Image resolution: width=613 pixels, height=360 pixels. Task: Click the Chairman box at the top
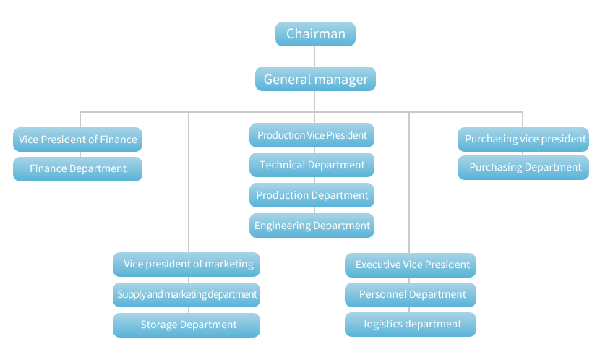315,34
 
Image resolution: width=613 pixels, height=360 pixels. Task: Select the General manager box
315,79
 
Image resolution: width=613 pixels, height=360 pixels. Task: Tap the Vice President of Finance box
77,140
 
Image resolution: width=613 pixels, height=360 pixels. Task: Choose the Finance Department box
77,168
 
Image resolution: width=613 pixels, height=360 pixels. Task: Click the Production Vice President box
312,135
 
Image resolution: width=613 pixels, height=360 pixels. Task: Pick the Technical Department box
312,165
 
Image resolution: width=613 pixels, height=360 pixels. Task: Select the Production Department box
312,195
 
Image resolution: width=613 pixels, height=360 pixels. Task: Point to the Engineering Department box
312,226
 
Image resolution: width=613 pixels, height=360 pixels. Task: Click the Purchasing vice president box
523,139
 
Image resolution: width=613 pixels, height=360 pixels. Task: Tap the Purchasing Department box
523,167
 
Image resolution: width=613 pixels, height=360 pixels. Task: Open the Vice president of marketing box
187,264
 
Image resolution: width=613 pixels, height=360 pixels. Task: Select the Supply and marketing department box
187,294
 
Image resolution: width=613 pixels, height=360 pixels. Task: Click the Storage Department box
187,325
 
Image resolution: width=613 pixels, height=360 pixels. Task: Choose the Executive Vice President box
411,265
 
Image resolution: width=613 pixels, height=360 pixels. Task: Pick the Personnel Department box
411,294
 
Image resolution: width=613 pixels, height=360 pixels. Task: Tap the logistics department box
411,324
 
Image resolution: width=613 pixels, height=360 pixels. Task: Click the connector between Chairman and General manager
315,56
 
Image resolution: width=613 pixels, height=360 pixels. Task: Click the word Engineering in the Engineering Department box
282,226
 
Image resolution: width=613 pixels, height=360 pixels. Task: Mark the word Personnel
384,294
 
